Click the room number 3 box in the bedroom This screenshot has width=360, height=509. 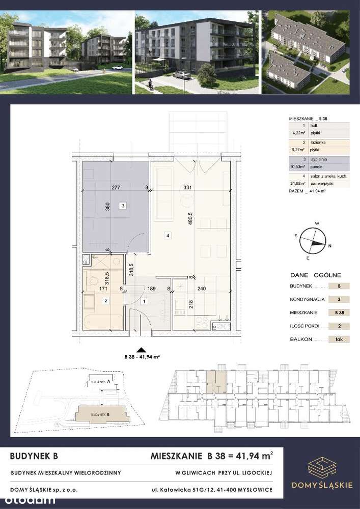(122, 206)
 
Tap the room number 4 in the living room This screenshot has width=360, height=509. (167, 235)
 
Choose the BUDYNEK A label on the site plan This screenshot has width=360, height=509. (100, 381)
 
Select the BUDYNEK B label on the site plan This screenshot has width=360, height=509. (101, 415)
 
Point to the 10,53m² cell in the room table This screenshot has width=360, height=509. (294, 165)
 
